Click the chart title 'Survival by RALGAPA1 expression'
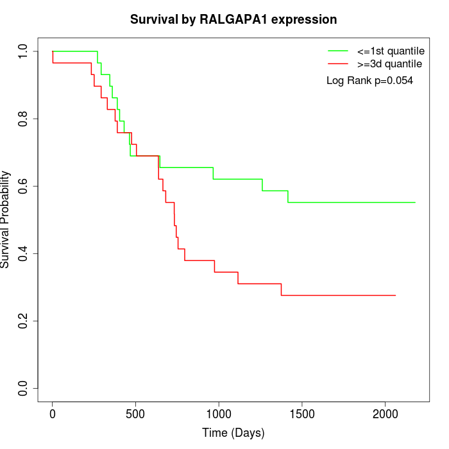(x=233, y=20)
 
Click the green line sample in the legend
(x=338, y=51)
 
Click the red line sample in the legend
(x=338, y=64)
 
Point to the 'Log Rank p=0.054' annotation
(x=369, y=81)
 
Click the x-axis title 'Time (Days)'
(x=233, y=433)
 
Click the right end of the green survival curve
(x=415, y=202)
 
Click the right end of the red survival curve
(x=395, y=295)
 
